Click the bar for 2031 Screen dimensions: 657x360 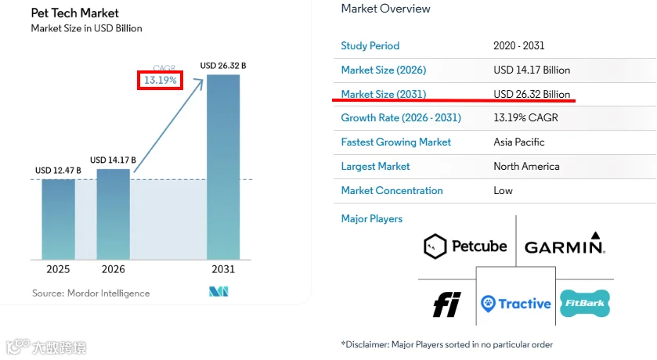click(x=223, y=167)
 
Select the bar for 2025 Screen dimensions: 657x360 click(x=58, y=219)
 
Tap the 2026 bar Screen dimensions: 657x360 click(x=113, y=214)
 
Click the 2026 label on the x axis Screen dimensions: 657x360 click(x=113, y=269)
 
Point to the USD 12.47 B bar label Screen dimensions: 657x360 click(x=58, y=171)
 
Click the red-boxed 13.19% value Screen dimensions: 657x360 click(x=160, y=80)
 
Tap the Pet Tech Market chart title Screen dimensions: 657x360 click(x=74, y=13)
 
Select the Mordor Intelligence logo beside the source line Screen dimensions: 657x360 click(x=218, y=291)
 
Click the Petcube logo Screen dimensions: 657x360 click(x=465, y=247)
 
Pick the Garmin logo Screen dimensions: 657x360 click(x=565, y=243)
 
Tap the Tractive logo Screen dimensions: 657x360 click(x=516, y=304)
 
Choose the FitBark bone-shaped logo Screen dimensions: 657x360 click(x=585, y=303)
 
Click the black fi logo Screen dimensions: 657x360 click(x=446, y=304)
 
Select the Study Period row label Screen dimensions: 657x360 click(x=370, y=45)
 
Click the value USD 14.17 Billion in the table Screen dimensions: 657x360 click(x=532, y=70)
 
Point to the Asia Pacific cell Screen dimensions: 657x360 click(x=518, y=142)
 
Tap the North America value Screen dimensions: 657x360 click(x=526, y=166)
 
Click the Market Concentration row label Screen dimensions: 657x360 click(x=392, y=190)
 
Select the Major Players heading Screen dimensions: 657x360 click(x=372, y=218)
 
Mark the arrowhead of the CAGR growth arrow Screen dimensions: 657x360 click(x=200, y=82)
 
